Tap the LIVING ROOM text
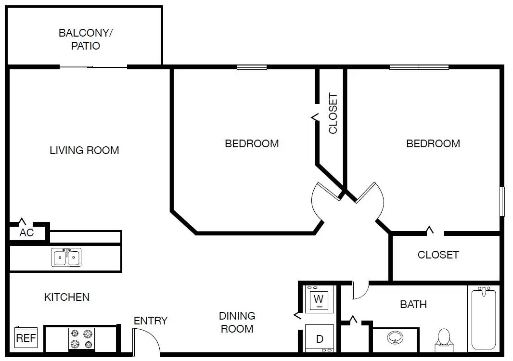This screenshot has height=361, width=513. [84, 150]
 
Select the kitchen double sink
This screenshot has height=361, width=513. [66, 258]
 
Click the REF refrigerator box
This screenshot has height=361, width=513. [26, 338]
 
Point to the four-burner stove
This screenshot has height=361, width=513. [81, 338]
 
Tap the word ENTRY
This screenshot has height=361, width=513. [151, 321]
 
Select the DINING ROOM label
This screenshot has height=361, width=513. [237, 322]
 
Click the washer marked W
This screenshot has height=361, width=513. [319, 299]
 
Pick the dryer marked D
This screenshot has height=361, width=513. [319, 339]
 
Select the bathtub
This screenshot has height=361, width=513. [483, 318]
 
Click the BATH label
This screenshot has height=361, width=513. [413, 304]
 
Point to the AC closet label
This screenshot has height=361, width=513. [26, 233]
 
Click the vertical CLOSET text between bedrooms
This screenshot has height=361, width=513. [333, 113]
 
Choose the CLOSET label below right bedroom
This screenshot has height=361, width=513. [438, 255]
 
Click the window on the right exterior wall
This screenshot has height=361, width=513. [502, 202]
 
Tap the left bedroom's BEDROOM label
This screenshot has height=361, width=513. [252, 143]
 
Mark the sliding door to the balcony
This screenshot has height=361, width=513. [93, 67]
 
